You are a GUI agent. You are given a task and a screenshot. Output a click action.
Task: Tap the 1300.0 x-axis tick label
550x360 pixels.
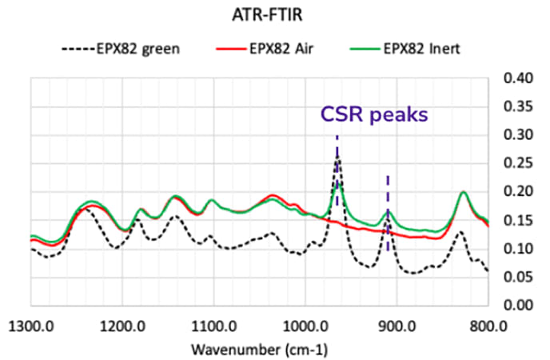point(30,326)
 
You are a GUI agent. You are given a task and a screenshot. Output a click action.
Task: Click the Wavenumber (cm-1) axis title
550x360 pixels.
point(258,350)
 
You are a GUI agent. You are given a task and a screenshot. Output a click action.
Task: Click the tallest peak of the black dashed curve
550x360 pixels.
point(337,158)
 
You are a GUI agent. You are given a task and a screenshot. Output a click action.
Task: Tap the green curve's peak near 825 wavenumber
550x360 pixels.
point(463,192)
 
